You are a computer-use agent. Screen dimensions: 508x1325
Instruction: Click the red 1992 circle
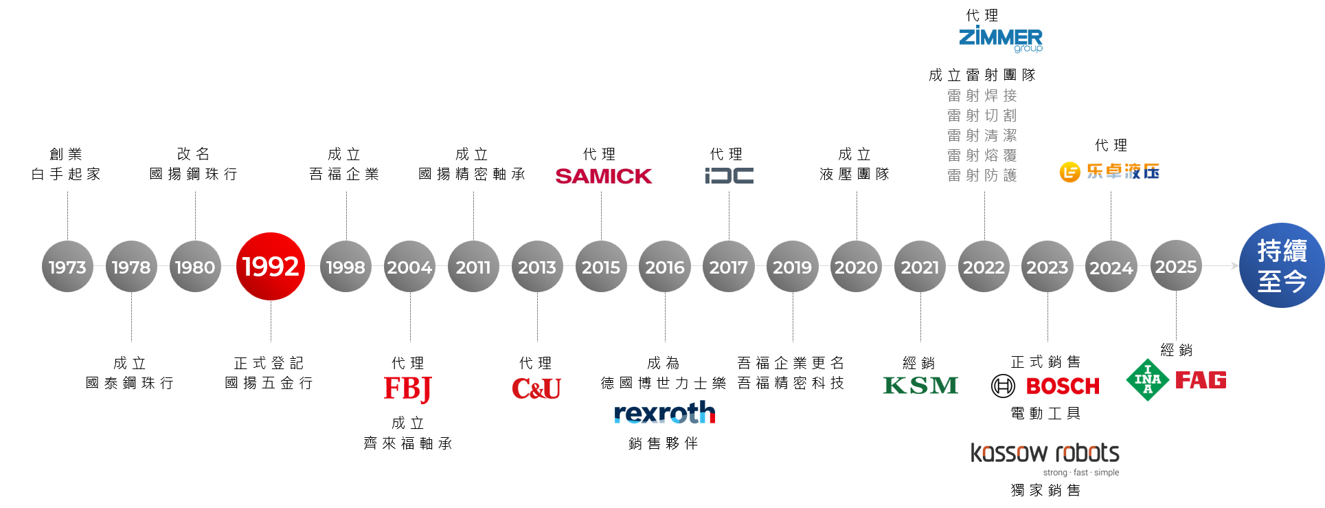pos(271,266)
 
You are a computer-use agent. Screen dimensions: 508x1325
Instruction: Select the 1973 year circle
pos(67,267)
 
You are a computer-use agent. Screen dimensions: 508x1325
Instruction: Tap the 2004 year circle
pos(409,267)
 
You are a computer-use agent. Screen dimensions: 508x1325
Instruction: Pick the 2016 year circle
pos(664,267)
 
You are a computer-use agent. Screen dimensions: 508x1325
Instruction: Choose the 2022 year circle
pos(984,267)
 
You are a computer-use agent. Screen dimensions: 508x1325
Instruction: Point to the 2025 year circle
pos(1175,266)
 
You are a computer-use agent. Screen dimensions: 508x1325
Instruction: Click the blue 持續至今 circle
pos(1282,265)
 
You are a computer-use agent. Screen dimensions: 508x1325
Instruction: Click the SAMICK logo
pos(602,176)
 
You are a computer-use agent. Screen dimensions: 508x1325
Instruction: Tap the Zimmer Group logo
pos(1001,38)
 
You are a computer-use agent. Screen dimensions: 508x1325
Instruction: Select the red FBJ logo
pos(407,388)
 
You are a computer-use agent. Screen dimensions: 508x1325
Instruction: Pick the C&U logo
pos(536,388)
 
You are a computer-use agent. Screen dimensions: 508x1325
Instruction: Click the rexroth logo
pos(664,412)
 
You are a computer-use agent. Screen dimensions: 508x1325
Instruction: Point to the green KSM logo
pos(920,386)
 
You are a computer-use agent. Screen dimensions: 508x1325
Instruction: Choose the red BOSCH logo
pos(1063,386)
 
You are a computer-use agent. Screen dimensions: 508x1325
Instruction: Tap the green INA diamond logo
pos(1147,379)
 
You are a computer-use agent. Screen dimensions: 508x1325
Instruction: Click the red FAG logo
pos(1201,380)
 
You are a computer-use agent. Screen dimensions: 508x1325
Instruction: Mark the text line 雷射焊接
pos(982,96)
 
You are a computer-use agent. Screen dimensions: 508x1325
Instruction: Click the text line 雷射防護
pos(982,175)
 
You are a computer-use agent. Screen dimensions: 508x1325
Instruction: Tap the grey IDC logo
pos(729,176)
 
